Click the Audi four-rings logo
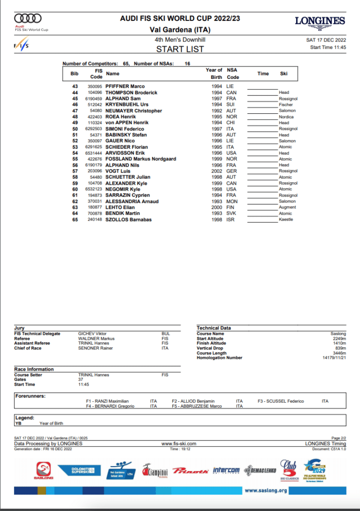point(28,18)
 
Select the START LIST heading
point(180,49)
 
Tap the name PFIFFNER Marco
point(125,86)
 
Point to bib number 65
point(75,220)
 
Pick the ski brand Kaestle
point(286,220)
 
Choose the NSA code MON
point(231,201)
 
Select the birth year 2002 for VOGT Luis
point(217,171)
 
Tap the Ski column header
point(284,74)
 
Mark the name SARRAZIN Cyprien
point(127,195)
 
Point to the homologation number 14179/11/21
point(335,358)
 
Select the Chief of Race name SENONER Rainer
point(95,348)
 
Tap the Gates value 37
point(80,380)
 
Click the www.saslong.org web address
point(266,491)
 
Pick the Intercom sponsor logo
point(226,470)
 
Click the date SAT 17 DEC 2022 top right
point(326,40)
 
